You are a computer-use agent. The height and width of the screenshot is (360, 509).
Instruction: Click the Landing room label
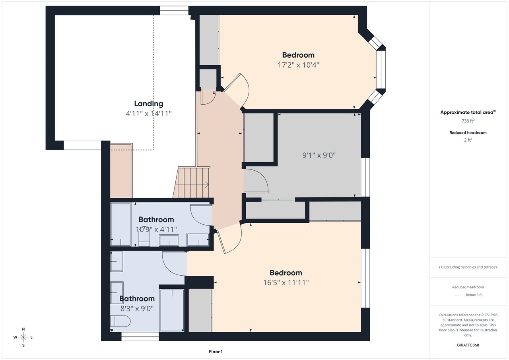click(148, 104)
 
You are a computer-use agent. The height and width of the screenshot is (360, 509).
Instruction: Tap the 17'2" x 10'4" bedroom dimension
click(298, 65)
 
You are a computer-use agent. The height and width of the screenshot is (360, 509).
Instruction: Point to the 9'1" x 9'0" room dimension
click(319, 155)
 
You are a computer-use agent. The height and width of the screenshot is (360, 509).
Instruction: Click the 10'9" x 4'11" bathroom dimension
click(156, 229)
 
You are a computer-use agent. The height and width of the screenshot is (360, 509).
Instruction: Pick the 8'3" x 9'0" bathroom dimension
click(137, 308)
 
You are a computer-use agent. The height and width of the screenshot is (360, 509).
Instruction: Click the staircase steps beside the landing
click(192, 183)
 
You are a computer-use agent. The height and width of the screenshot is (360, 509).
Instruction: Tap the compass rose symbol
click(23, 337)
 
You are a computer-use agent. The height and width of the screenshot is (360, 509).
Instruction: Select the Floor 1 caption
click(216, 352)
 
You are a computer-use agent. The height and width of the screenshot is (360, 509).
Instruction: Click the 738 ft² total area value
click(468, 121)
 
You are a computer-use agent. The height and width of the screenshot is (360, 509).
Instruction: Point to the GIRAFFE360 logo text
click(468, 345)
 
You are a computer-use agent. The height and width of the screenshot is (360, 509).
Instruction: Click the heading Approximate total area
click(467, 113)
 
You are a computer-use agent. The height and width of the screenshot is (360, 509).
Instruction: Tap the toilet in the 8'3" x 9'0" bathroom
click(120, 321)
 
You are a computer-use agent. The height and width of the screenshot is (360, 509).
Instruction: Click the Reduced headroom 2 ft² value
click(468, 140)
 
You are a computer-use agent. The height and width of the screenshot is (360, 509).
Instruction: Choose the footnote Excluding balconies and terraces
click(468, 267)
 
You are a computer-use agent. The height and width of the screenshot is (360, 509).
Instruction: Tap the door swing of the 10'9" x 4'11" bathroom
click(200, 214)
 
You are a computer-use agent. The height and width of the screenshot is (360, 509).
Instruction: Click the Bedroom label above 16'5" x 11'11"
click(286, 273)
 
